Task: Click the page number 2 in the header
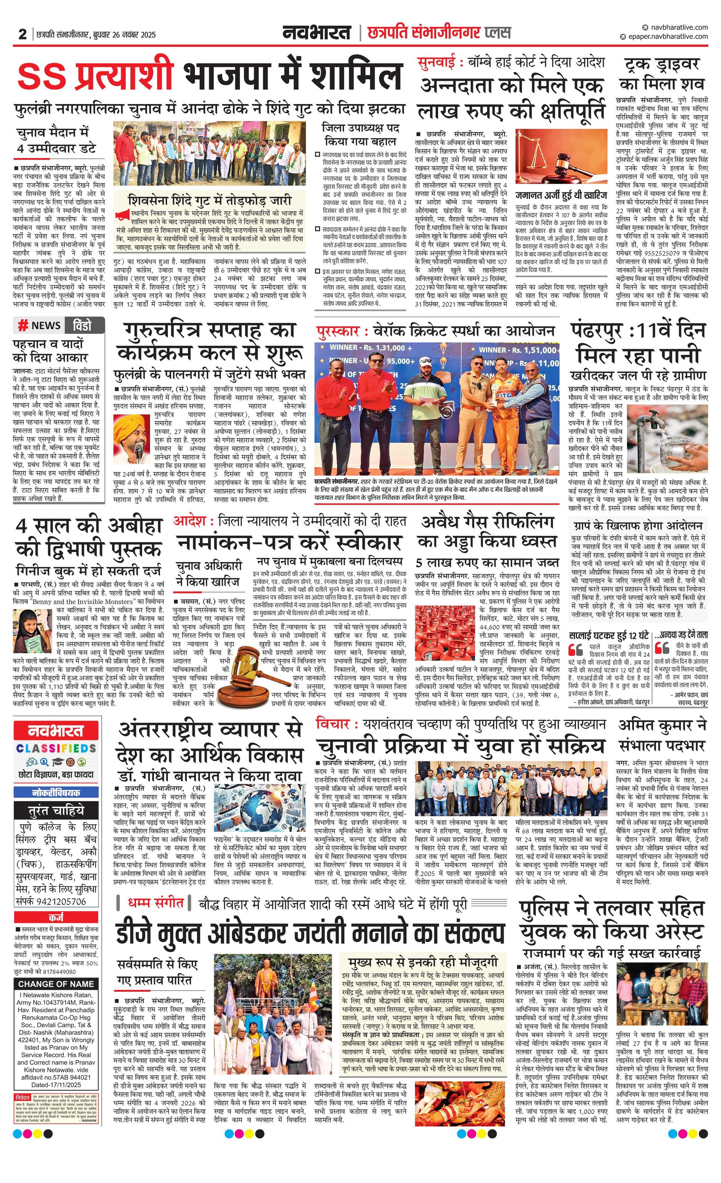click(x=22, y=34)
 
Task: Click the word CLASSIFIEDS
click(x=56, y=749)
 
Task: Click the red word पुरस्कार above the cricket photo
click(x=338, y=331)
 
